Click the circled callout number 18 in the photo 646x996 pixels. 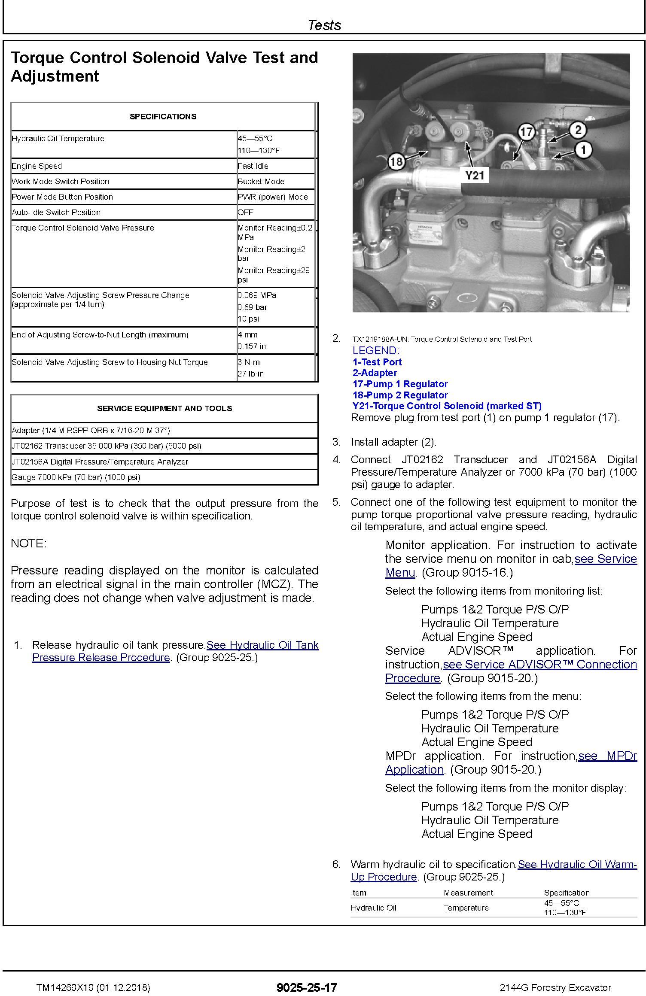[396, 162]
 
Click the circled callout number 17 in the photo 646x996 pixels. [526, 132]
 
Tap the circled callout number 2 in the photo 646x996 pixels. [578, 130]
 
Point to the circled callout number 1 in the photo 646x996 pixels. [583, 150]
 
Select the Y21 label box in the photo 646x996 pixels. [475, 175]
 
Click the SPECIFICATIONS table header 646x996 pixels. [163, 117]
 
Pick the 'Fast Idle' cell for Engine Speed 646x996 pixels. [253, 166]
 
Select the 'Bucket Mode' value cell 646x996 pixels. [261, 182]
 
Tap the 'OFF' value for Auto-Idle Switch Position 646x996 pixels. [245, 213]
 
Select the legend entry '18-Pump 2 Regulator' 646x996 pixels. [400, 395]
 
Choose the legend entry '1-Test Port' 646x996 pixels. [377, 362]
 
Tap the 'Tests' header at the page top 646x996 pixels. [324, 25]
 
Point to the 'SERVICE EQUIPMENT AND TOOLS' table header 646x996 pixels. [164, 409]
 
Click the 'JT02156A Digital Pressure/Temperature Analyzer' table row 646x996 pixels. [100, 462]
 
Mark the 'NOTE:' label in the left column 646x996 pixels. [28, 544]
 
